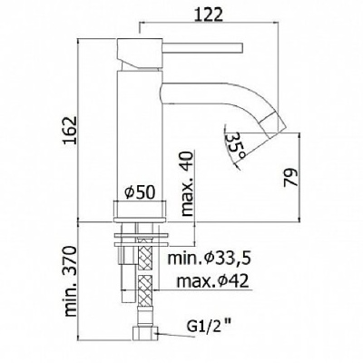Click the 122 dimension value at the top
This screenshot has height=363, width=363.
[x=208, y=15]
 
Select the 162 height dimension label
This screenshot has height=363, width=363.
[x=70, y=131]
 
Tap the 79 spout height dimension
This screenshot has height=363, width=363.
[x=290, y=178]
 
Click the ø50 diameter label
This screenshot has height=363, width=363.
[x=140, y=192]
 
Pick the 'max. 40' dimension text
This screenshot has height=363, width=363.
[x=187, y=183]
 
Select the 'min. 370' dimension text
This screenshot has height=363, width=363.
[x=70, y=281]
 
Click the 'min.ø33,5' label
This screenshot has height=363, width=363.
[x=210, y=258]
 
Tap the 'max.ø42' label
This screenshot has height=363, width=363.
[x=213, y=281]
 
